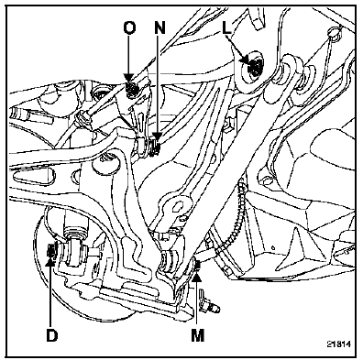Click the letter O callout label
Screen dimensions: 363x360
click(129, 28)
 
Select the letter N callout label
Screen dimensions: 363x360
click(159, 28)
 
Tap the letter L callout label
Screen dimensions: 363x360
click(226, 28)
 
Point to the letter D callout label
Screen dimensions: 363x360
click(51, 335)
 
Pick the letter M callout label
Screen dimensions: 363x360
click(197, 335)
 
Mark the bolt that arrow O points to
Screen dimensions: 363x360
click(132, 88)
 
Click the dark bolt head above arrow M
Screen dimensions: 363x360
click(197, 265)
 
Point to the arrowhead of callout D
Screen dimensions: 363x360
click(51, 261)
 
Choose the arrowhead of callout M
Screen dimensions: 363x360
click(197, 276)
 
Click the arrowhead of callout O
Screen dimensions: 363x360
click(129, 79)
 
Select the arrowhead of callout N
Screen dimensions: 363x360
click(158, 136)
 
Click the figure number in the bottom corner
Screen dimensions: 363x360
click(339, 344)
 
